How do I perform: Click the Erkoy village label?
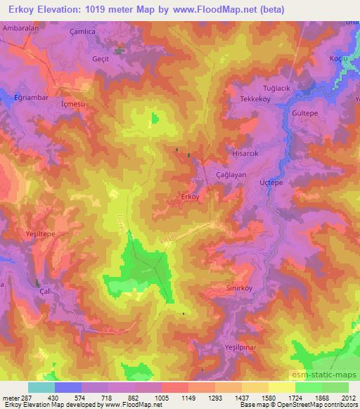(x=191, y=197)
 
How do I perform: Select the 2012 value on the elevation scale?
(x=347, y=397)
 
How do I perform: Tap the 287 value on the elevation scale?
(x=22, y=397)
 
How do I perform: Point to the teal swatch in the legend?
(x=41, y=387)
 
